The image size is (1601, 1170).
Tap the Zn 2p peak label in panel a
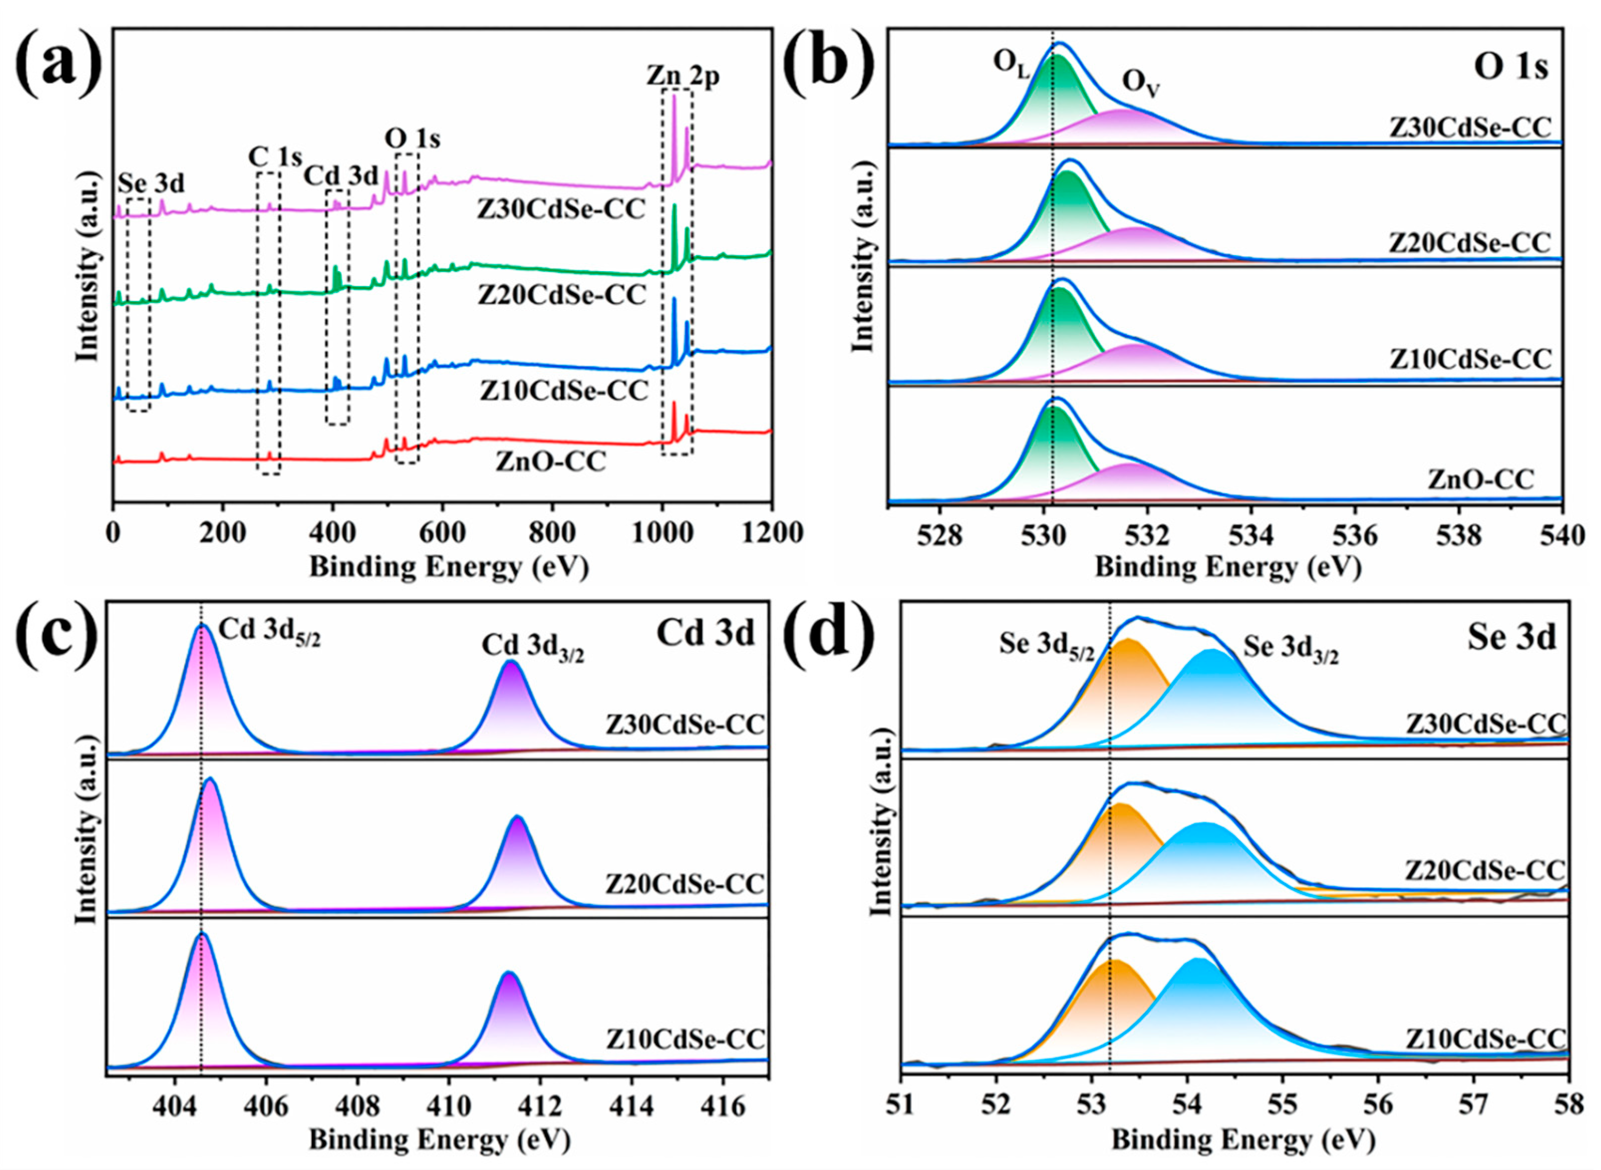coord(683,76)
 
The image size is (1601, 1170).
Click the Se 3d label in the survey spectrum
coord(151,183)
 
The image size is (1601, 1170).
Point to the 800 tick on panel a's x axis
coord(552,533)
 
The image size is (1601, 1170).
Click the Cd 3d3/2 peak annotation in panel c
coord(533,647)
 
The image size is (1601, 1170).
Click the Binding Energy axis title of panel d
coord(1243,1140)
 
